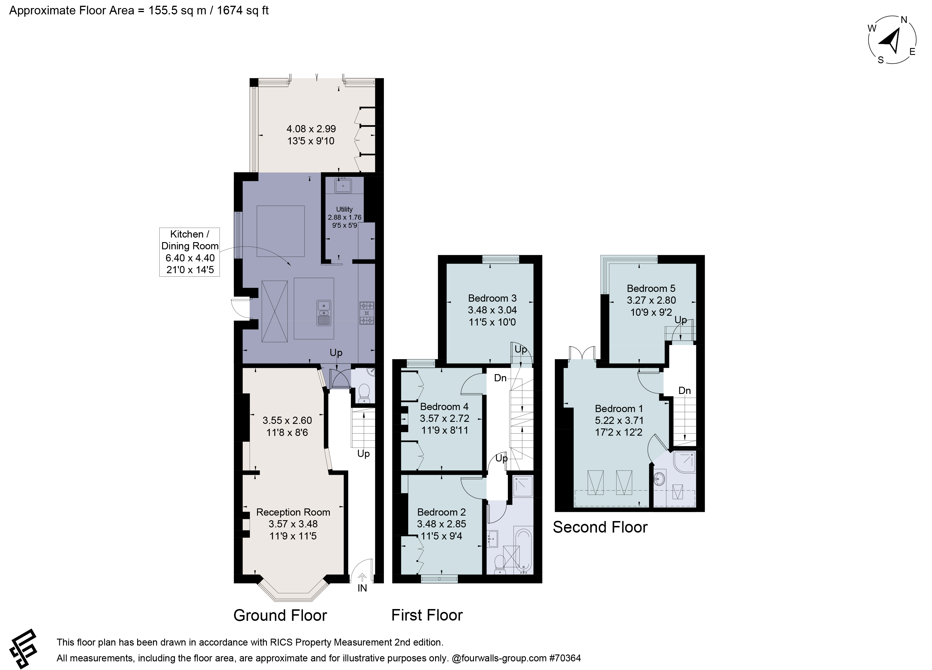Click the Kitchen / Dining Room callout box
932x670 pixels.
click(x=190, y=252)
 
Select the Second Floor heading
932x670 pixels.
click(x=600, y=527)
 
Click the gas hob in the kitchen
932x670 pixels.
click(x=367, y=313)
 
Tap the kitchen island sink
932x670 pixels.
click(x=324, y=313)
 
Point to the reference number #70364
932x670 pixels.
click(x=565, y=658)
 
